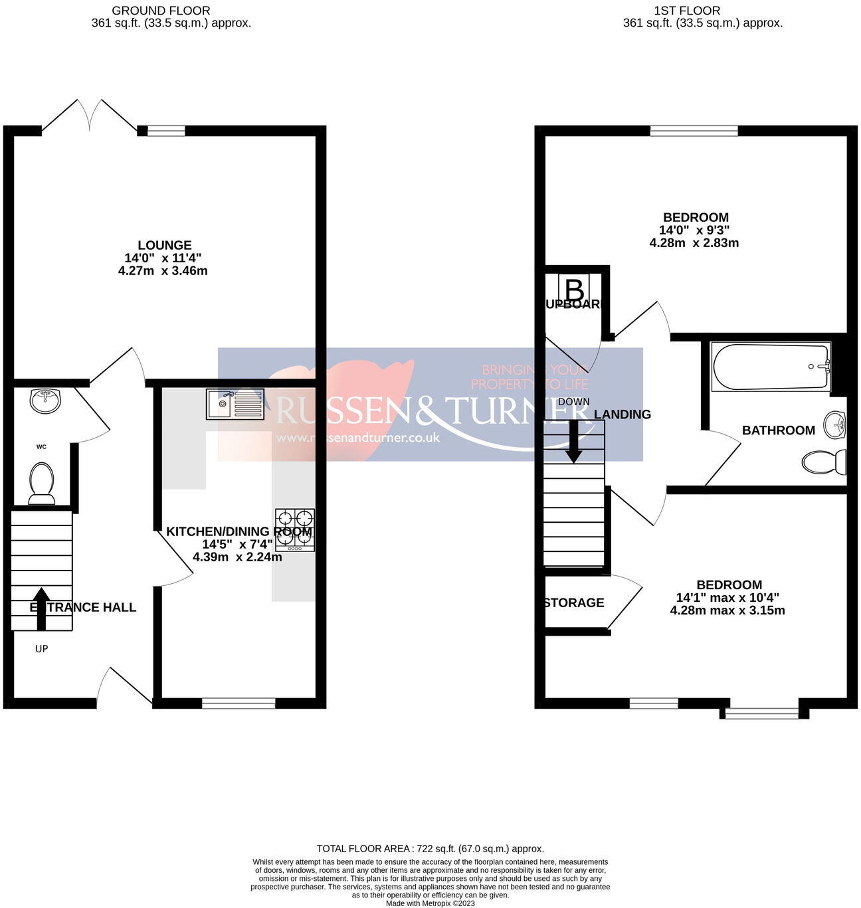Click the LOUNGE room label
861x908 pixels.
[165, 245]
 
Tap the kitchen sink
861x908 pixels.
[235, 404]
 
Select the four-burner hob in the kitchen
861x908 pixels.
[295, 529]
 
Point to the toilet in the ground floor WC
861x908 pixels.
[42, 481]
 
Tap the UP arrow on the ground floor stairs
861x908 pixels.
[41, 608]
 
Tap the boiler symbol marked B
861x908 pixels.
[574, 290]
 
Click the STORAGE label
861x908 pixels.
[574, 602]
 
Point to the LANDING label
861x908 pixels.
[622, 414]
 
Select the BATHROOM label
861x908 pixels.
[779, 430]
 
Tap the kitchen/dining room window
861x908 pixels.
[239, 703]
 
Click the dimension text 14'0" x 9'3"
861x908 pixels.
[694, 230]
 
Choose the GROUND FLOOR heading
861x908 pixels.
[161, 11]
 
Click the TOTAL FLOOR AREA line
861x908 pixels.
[430, 848]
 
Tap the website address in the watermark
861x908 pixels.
[359, 438]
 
